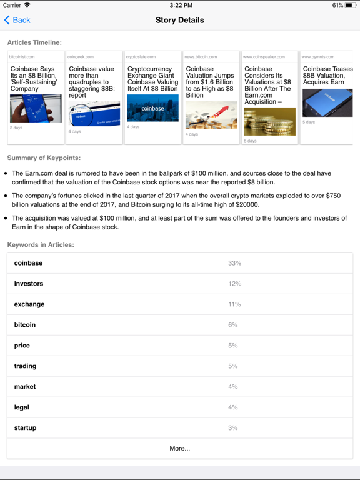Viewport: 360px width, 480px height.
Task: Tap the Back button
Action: click(17, 20)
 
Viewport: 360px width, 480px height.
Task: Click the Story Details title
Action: click(180, 20)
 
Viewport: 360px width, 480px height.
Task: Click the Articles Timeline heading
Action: click(34, 42)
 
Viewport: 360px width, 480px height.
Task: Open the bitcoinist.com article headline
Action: click(34, 79)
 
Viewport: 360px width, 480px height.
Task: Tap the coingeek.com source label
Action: click(81, 57)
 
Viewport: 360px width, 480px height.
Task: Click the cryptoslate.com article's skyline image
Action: click(152, 108)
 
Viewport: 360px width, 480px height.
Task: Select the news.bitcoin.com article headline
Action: click(210, 82)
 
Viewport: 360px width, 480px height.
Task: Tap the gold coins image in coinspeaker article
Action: click(269, 121)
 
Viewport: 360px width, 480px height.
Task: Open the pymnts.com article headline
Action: click(327, 76)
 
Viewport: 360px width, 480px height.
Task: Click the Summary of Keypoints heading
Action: click(44, 157)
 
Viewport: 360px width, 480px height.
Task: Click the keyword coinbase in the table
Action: click(28, 263)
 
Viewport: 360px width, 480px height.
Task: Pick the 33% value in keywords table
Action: click(234, 263)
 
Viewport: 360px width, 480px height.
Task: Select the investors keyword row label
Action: click(29, 284)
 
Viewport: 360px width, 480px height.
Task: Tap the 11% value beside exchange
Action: click(234, 304)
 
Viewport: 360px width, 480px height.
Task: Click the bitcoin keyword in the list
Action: click(25, 325)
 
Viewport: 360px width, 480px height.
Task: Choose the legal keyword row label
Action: click(22, 407)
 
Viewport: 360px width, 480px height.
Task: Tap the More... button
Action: click(180, 448)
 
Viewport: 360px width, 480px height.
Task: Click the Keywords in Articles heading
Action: click(41, 244)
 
